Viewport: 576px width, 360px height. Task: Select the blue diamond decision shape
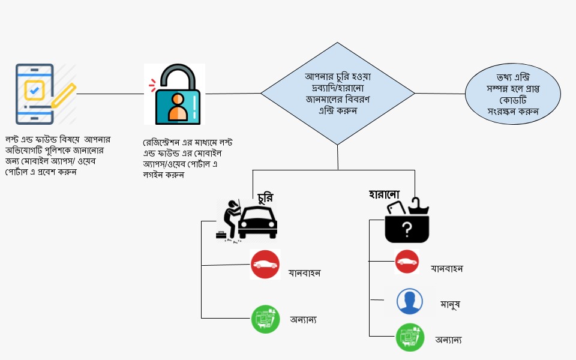pos(337,93)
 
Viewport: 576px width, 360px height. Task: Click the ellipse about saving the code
pos(512,94)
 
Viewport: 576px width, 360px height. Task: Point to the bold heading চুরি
pos(269,197)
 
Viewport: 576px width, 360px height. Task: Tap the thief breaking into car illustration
pos(248,221)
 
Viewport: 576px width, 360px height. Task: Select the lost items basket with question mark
pos(407,221)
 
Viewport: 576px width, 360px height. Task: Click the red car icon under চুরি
pos(265,264)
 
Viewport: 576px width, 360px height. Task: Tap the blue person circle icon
pos(410,301)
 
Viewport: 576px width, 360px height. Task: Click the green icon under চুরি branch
pos(265,319)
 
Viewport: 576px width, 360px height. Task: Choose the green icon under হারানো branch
pos(410,337)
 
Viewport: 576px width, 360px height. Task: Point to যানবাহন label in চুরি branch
pos(305,273)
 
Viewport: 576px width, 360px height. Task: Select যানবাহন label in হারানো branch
pos(446,269)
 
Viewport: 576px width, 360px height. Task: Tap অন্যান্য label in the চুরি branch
pos(303,320)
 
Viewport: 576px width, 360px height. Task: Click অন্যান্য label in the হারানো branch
pos(448,340)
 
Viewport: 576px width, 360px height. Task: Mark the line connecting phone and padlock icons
pos(110,94)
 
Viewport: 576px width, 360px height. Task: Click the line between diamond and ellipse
pos(440,93)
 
